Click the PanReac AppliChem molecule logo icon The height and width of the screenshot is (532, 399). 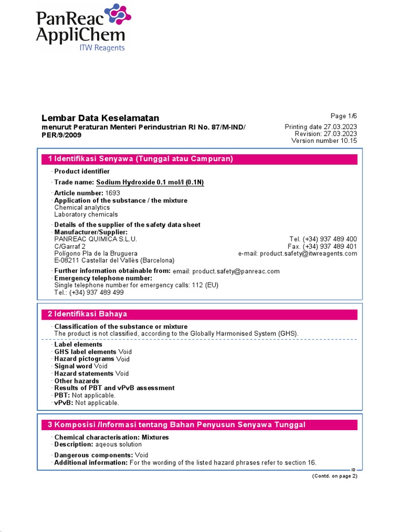pos(117,17)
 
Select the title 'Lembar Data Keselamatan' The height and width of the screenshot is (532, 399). pos(100,118)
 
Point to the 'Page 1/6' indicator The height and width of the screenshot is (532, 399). pos(344,116)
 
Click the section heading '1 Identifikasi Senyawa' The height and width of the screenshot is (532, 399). pos(140,159)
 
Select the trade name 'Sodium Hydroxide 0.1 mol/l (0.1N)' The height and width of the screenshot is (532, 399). pos(150,182)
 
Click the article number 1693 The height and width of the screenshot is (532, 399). pos(113,193)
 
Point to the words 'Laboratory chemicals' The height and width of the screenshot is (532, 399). pos(86,214)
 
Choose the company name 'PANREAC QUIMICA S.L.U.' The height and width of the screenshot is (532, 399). pos(96,239)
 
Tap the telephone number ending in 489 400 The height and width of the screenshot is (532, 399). pos(323,239)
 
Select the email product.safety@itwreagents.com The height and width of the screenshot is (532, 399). pos(309,254)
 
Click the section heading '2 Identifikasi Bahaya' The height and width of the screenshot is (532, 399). pos(87,314)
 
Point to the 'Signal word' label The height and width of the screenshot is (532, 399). pos(73,366)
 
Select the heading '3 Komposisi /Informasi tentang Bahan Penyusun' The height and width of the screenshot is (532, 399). pos(177,425)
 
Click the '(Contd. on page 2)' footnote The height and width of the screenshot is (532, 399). pos(335,476)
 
